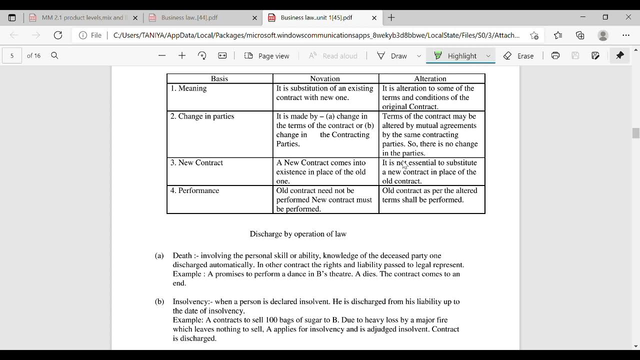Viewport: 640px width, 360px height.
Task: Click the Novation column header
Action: point(325,78)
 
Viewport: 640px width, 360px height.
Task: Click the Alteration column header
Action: point(430,78)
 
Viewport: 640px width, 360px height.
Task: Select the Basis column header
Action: point(219,78)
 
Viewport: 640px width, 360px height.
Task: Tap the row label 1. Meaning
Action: point(188,88)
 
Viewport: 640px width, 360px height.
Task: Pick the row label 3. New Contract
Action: point(196,163)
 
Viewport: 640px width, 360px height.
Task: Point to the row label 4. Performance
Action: point(194,190)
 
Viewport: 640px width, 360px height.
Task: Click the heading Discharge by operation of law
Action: point(298,234)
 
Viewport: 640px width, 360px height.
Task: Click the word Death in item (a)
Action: point(182,255)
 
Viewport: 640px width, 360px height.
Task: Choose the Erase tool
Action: point(518,55)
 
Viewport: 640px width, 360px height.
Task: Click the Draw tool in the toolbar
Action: point(392,55)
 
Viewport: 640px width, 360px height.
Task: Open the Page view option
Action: point(267,55)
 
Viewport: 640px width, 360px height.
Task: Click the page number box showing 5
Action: point(12,55)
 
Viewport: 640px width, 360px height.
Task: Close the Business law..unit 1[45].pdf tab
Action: point(374,17)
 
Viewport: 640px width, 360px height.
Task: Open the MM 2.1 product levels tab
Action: point(82,17)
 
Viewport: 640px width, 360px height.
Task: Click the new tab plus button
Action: point(391,17)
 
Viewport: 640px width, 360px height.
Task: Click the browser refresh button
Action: point(58,35)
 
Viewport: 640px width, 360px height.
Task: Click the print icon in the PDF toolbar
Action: point(555,55)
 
